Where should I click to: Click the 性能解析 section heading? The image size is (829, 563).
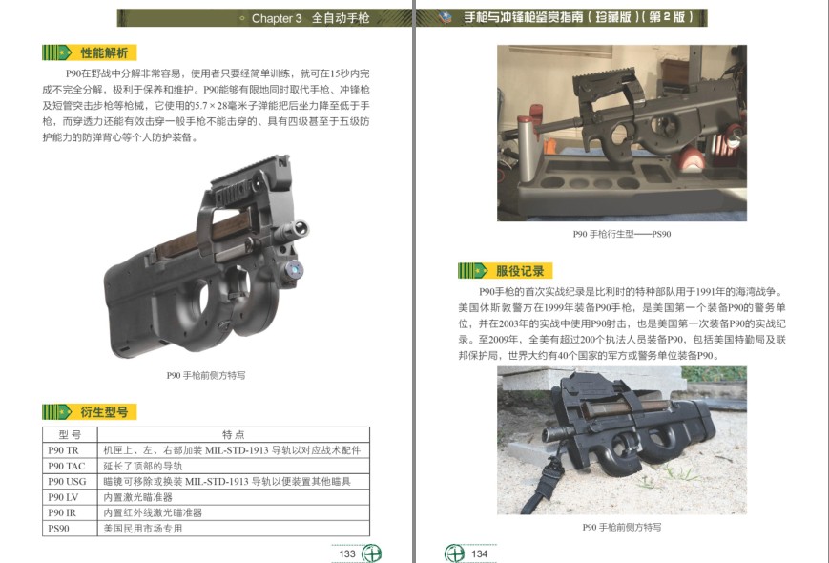coord(104,52)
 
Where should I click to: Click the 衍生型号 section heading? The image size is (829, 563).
coord(104,412)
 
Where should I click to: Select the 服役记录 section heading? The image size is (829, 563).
coord(520,271)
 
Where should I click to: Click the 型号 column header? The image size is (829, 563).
coord(70,434)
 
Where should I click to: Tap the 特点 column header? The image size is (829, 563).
coord(233,434)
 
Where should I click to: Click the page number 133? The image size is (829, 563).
coord(347,553)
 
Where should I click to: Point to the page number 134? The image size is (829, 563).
coord(479,553)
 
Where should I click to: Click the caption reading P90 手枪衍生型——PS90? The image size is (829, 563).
coord(622,234)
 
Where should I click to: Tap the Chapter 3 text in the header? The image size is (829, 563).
coord(277,18)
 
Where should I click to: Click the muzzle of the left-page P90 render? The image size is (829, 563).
coord(301,228)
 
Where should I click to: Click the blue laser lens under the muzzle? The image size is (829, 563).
coord(294,270)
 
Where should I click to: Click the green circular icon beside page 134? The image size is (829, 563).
coord(454,553)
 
